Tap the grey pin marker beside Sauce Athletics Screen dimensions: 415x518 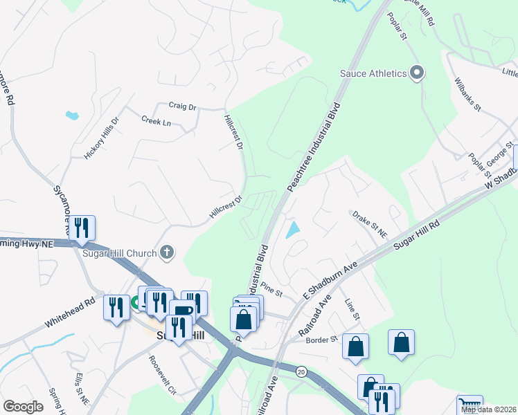(x=417, y=73)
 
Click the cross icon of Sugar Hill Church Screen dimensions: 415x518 (x=166, y=253)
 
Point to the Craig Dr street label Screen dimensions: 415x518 (x=183, y=107)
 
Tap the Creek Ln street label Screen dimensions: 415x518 (x=156, y=122)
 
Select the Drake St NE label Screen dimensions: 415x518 (x=370, y=224)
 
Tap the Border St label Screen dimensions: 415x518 (x=321, y=340)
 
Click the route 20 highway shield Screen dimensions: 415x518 (x=301, y=371)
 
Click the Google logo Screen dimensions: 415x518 (x=23, y=407)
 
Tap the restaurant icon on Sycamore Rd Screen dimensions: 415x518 (x=82, y=228)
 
